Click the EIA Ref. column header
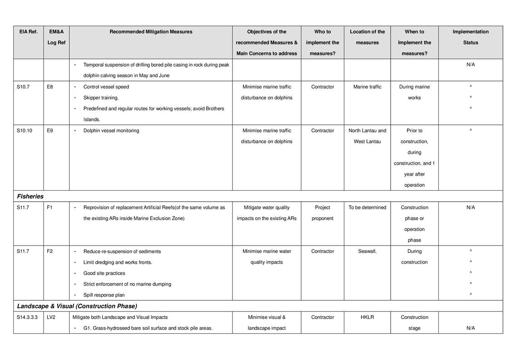click(28, 32)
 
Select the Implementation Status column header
click(470, 37)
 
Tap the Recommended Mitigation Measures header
click(151, 32)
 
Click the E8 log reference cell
click(50, 87)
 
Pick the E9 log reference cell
click(50, 131)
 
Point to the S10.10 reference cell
click(25, 131)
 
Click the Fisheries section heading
click(30, 197)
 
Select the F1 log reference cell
click(50, 207)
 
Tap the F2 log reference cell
click(50, 251)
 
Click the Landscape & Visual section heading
click(77, 306)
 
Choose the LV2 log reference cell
click(51, 317)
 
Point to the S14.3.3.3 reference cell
click(27, 317)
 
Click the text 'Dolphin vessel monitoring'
click(111, 131)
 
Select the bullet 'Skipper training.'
click(101, 98)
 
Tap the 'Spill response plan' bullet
click(104, 295)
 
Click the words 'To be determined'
click(367, 207)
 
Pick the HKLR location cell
click(367, 317)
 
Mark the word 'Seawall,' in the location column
click(367, 251)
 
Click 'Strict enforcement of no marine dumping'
click(127, 284)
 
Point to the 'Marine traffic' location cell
click(367, 87)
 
